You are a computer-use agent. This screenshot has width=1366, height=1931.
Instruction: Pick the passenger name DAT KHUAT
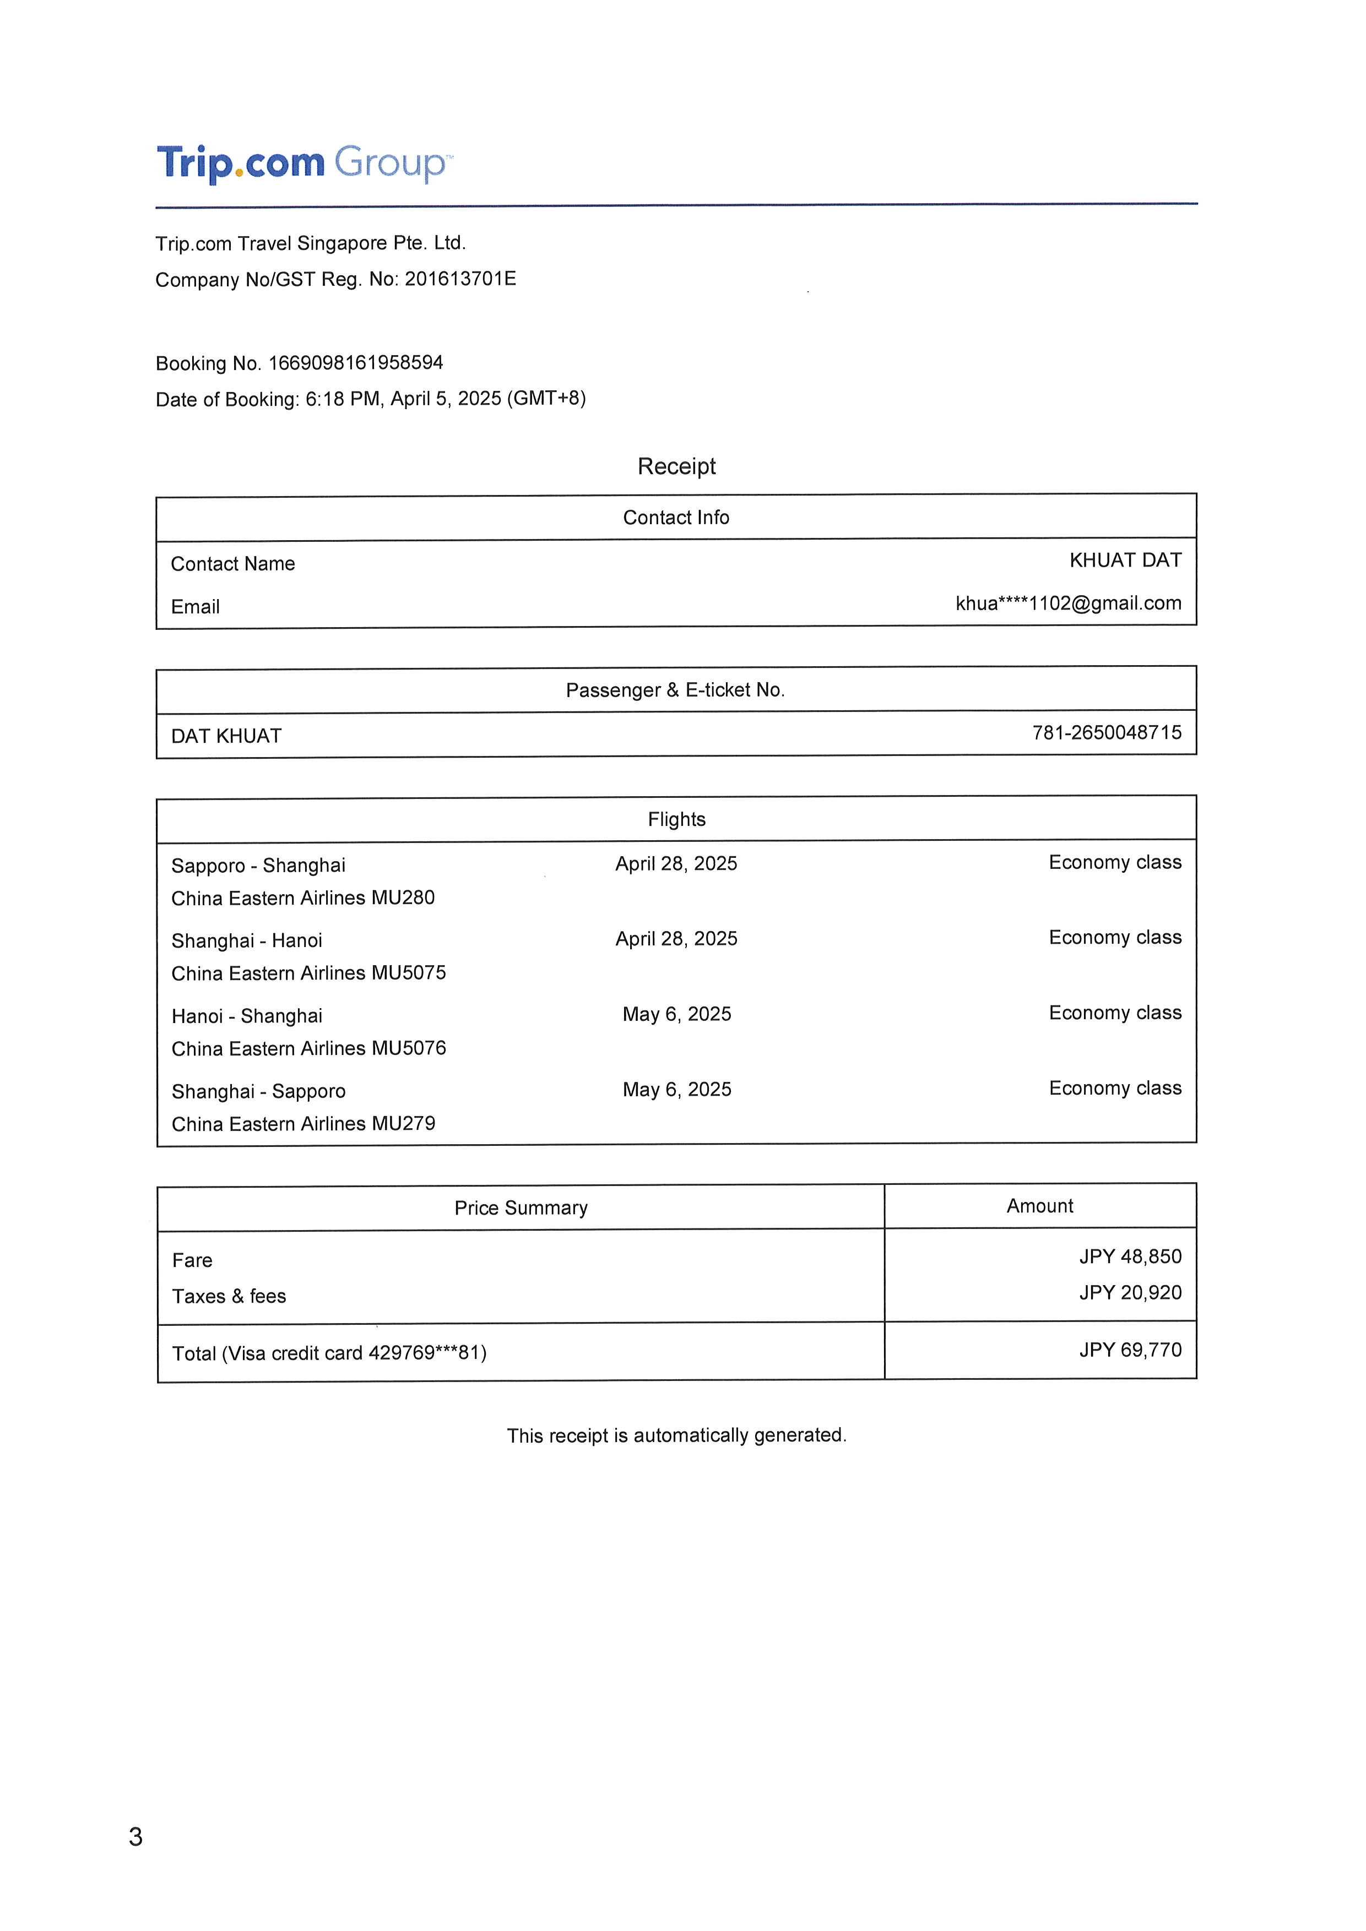226,736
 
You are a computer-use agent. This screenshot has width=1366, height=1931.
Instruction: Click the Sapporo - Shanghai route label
258,866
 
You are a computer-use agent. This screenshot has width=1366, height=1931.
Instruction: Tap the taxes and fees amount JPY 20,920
1130,1293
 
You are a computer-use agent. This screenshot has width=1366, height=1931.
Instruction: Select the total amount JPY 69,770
1130,1350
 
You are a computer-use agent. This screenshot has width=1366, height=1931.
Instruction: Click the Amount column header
1039,1206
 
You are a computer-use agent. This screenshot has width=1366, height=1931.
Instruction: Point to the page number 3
135,1837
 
